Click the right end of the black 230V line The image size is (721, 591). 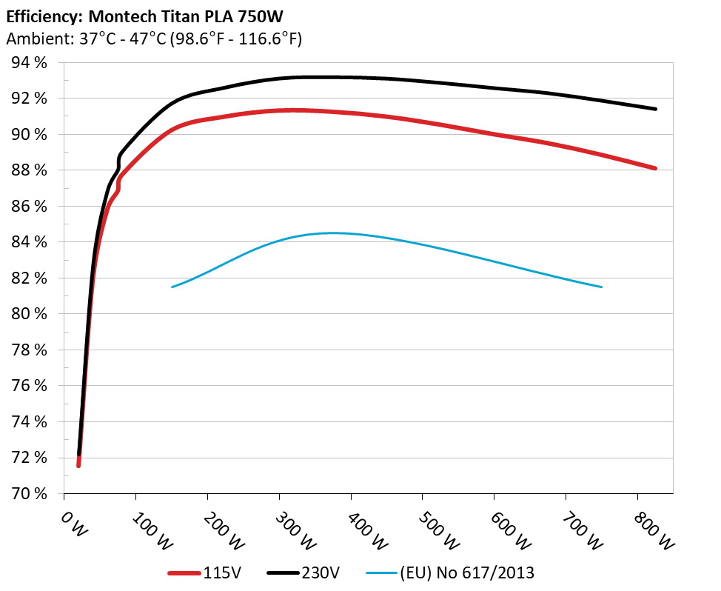pyautogui.click(x=655, y=109)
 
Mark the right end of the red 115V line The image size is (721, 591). pyautogui.click(x=655, y=168)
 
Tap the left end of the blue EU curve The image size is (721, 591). pyautogui.click(x=172, y=287)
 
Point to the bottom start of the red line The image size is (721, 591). pyautogui.click(x=78, y=465)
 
